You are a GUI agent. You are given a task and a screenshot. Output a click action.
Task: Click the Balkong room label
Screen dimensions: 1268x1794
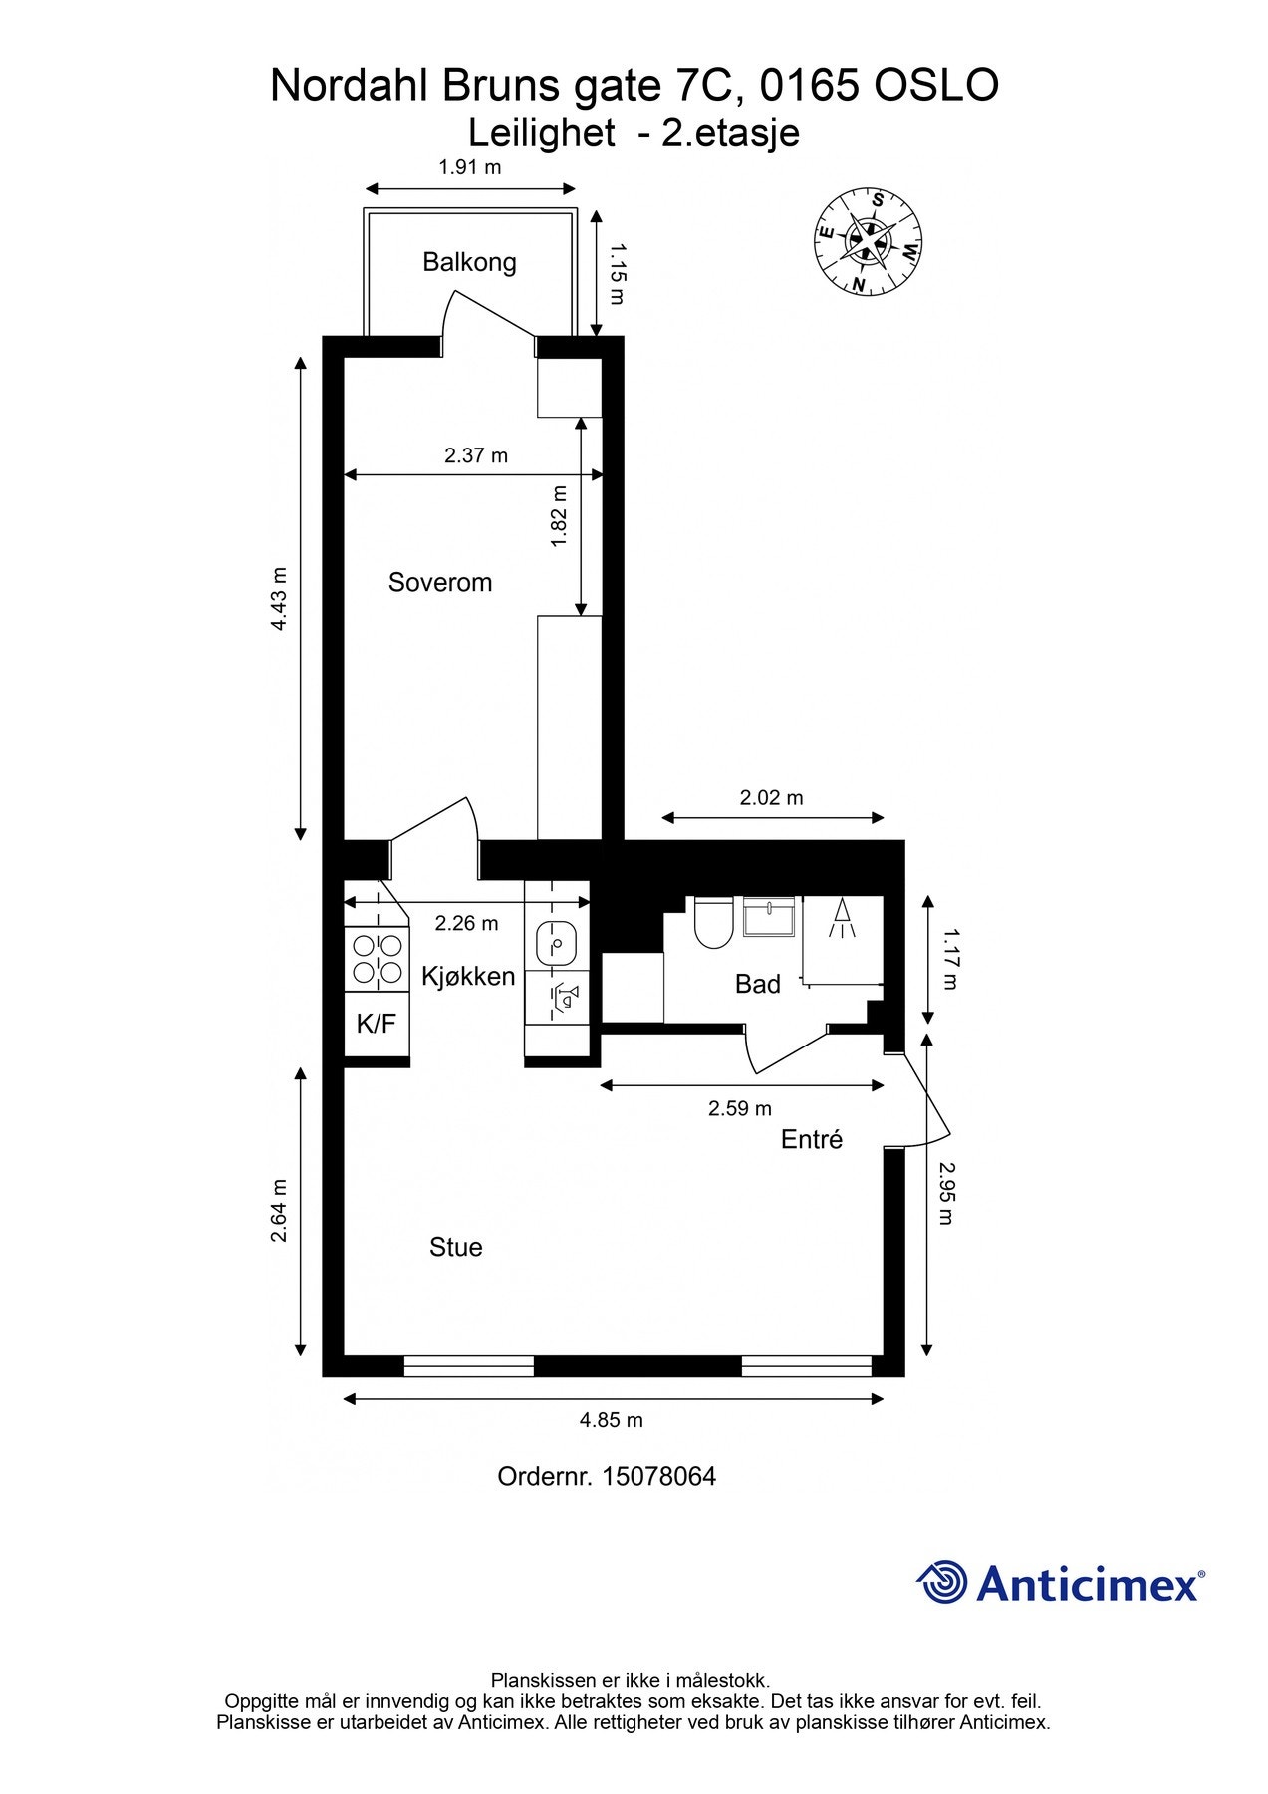469,262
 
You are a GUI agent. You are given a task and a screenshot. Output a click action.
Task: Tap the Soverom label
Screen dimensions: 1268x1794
440,582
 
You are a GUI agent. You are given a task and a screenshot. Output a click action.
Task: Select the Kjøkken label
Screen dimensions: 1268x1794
468,976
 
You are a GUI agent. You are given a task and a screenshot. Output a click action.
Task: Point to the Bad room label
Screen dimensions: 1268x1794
757,984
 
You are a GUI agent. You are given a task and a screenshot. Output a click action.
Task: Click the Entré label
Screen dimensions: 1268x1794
812,1139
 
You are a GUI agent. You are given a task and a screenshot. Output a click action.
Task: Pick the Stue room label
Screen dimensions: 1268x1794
456,1247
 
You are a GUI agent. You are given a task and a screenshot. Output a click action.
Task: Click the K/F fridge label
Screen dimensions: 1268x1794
377,1023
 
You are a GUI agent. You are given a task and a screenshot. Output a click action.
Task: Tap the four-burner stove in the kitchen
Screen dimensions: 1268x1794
378,959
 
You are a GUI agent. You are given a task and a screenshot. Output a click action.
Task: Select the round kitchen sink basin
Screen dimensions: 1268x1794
557,940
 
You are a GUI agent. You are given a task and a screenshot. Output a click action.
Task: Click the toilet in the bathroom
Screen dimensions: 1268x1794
713,922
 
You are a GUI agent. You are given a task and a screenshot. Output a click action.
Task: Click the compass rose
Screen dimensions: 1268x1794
869,242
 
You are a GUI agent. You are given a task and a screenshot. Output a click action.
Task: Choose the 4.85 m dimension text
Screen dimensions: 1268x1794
612,1420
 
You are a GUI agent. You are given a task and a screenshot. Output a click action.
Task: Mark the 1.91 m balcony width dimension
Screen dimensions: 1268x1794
470,167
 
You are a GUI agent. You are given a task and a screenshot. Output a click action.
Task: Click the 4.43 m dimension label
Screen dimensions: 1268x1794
280,598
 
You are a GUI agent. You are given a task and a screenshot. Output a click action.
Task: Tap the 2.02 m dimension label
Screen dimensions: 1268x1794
771,797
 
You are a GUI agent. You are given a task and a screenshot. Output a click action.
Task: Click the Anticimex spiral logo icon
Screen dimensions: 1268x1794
941,1582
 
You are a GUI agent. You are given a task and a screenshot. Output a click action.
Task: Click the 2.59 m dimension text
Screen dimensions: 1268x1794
740,1108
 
